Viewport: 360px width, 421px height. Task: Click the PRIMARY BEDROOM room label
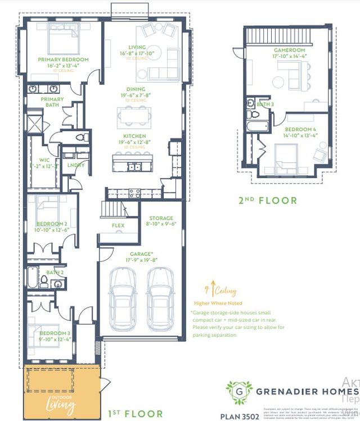(63, 59)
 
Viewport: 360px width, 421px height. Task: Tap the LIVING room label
(137, 47)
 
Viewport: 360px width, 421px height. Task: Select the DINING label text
(136, 89)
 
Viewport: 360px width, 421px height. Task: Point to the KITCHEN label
(135, 136)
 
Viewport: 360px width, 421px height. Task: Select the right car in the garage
(159, 298)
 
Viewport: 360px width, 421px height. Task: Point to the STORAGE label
(161, 218)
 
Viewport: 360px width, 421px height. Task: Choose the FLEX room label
(118, 225)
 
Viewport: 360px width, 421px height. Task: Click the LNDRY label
(75, 165)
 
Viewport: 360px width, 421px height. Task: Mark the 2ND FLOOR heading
(268, 200)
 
